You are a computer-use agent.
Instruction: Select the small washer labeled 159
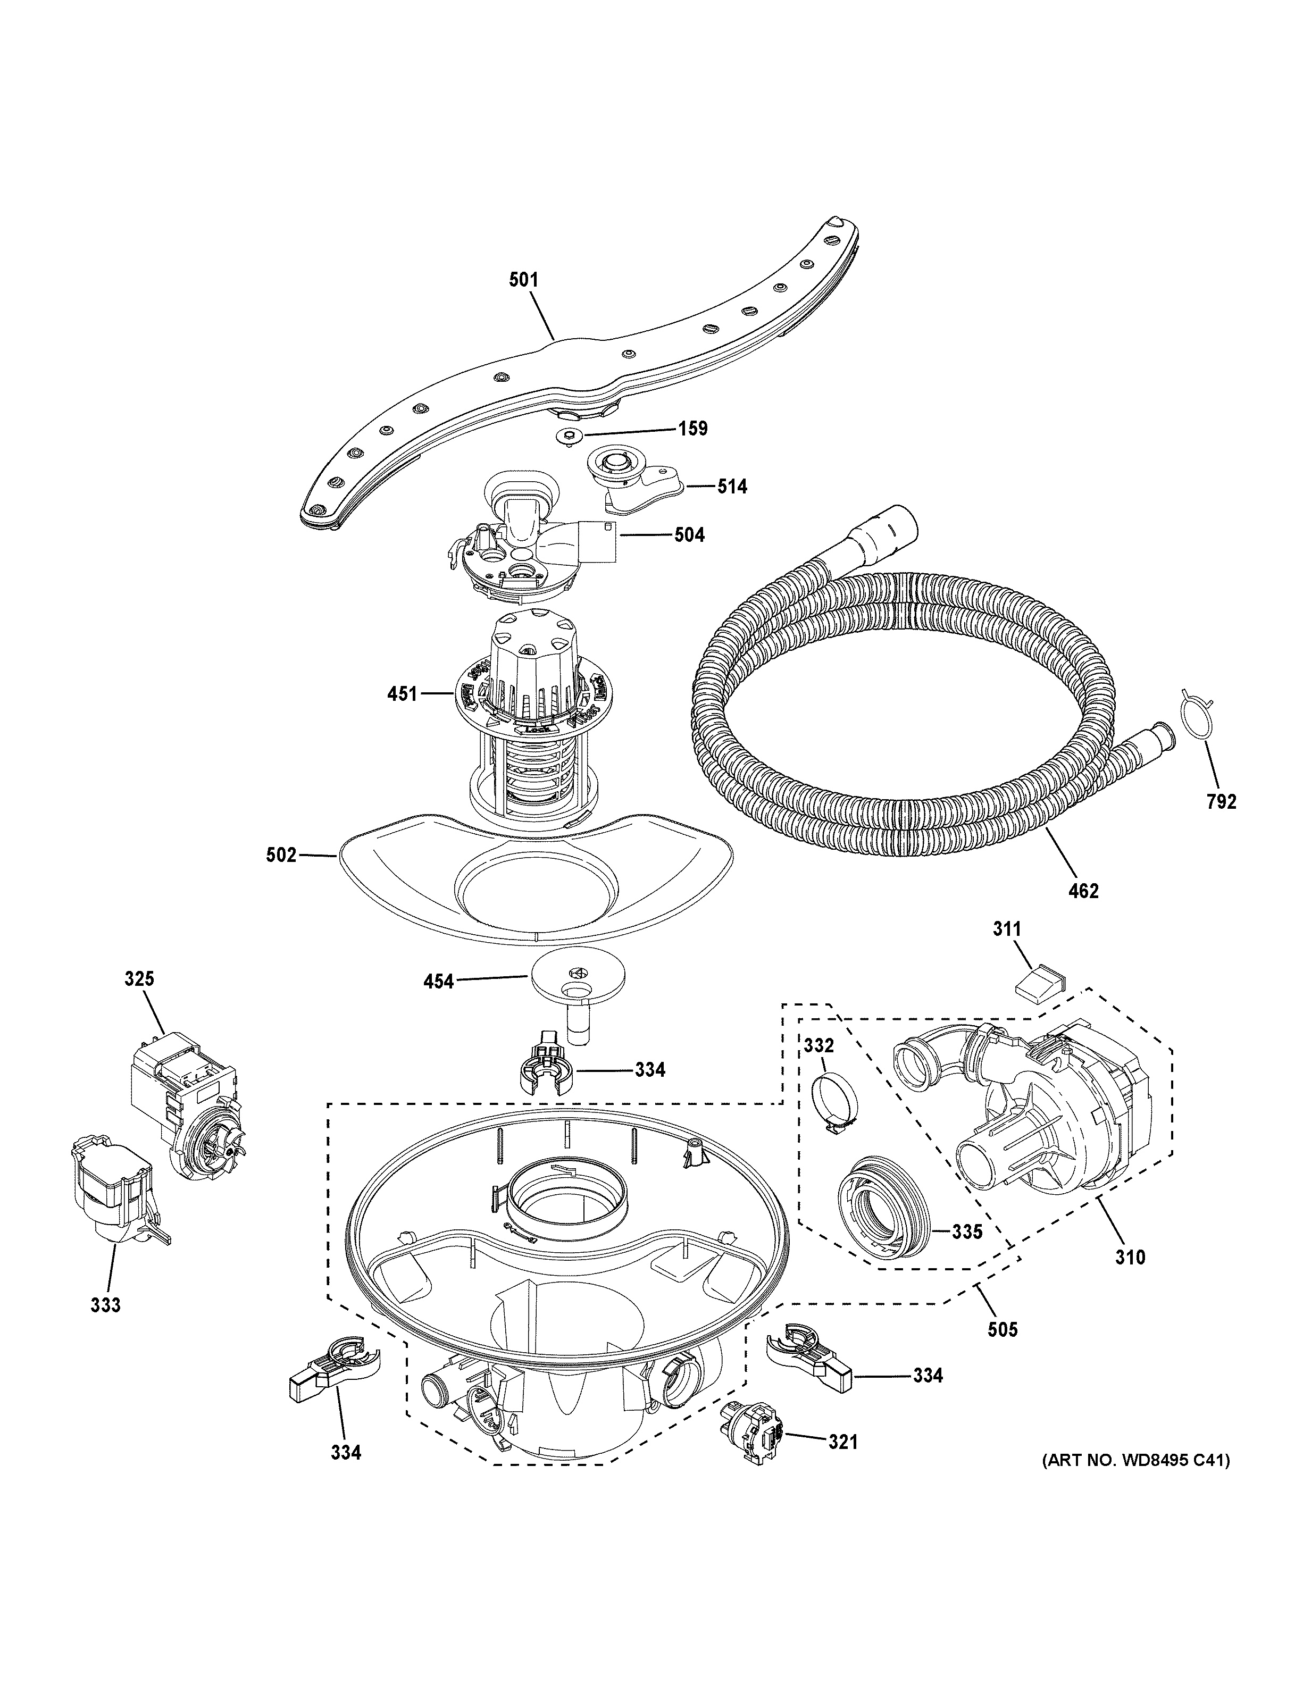570,437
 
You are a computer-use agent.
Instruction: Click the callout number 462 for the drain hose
1083,891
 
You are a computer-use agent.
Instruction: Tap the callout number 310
1130,1258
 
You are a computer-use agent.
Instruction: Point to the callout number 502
281,855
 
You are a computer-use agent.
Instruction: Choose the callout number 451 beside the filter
403,694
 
